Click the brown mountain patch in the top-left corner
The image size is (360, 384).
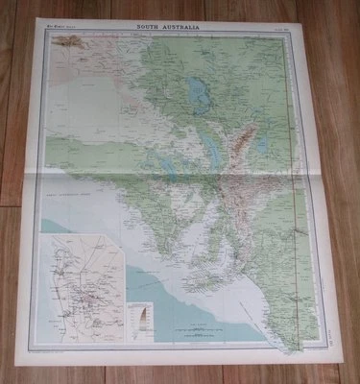coord(69,41)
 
